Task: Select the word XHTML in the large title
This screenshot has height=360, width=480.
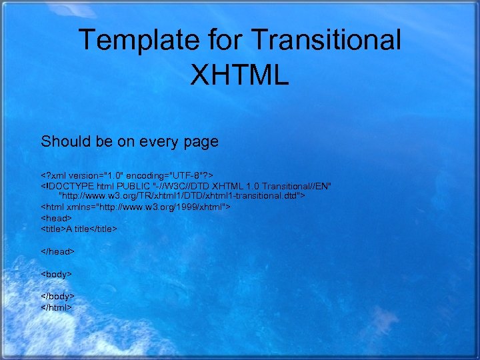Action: (x=239, y=75)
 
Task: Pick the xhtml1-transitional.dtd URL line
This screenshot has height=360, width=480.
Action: (x=182, y=196)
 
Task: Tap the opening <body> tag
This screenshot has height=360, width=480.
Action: (x=57, y=274)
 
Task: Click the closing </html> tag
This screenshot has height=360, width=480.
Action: (x=57, y=307)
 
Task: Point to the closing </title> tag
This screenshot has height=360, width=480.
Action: (x=104, y=229)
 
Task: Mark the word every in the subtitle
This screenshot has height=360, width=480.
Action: (x=157, y=142)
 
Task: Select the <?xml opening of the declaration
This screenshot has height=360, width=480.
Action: (x=53, y=174)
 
